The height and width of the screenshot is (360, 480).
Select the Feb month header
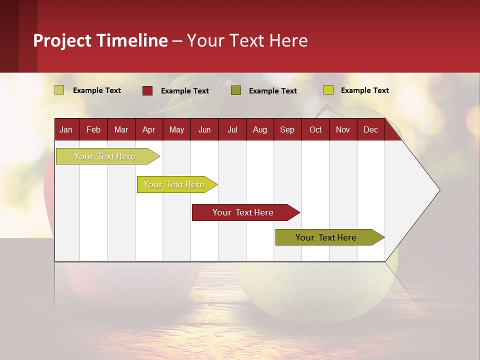93,129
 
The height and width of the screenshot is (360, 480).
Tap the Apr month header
149,129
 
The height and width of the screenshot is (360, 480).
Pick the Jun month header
204,129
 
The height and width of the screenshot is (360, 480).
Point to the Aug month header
260,129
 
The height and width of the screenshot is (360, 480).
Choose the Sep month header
287,129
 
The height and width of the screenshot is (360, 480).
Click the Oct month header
315,129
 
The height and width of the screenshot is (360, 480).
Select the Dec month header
370,129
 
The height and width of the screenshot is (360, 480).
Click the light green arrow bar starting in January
108,156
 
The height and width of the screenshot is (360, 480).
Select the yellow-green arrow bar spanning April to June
177,184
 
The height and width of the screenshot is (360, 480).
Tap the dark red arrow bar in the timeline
246,212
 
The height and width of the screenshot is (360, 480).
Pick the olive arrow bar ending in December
330,237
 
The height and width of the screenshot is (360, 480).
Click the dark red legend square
147,90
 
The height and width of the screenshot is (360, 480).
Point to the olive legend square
236,90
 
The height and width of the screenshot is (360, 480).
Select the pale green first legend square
59,89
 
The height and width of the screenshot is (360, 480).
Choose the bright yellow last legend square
328,89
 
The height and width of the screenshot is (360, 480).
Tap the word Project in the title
62,40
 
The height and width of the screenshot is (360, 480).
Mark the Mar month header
121,129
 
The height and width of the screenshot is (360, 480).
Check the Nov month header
343,129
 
